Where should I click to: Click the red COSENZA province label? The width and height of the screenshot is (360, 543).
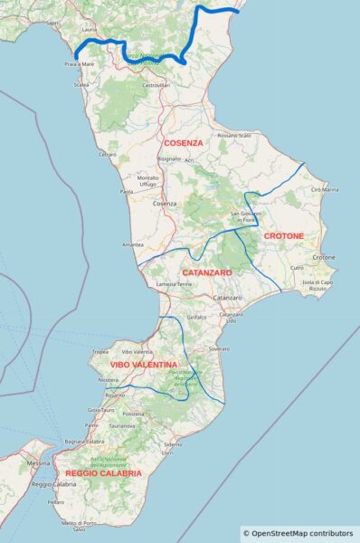tap(183, 143)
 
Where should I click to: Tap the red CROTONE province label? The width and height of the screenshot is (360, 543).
tap(283, 236)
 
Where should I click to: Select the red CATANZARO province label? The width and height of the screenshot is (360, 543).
tap(207, 272)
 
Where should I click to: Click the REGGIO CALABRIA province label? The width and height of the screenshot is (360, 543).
tap(103, 473)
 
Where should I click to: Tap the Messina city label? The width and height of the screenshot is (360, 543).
tap(39, 463)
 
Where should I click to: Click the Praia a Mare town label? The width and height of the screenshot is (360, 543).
tap(81, 65)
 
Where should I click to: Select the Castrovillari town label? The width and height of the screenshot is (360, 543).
tap(156, 85)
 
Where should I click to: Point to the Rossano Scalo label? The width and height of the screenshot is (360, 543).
tap(234, 135)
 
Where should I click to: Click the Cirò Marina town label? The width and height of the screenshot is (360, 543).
tap(324, 189)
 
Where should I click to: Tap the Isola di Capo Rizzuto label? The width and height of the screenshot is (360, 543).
tap(317, 285)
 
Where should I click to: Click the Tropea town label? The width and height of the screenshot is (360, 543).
tap(100, 351)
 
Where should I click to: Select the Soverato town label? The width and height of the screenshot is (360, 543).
tap(218, 348)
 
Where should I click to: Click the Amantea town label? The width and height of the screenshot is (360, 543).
tap(133, 245)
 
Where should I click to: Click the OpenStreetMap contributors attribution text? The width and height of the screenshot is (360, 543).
tap(299, 534)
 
